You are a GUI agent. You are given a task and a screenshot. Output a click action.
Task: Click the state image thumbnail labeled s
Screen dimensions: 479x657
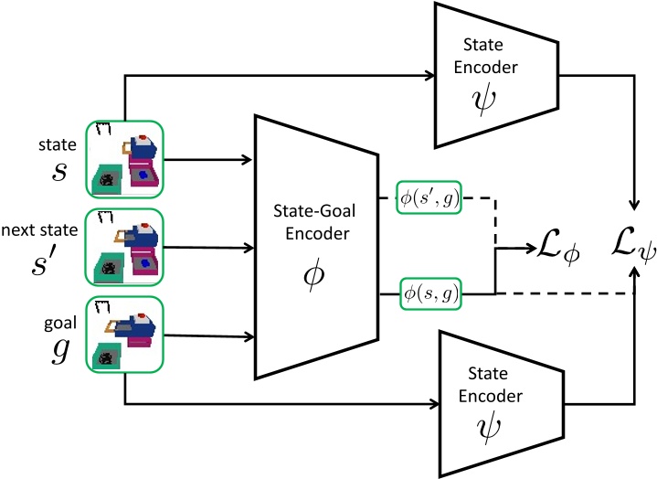(x=123, y=159)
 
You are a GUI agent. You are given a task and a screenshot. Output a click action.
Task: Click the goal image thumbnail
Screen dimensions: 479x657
(x=123, y=335)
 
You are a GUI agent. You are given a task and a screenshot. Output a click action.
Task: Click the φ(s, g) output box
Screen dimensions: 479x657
(x=429, y=293)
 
